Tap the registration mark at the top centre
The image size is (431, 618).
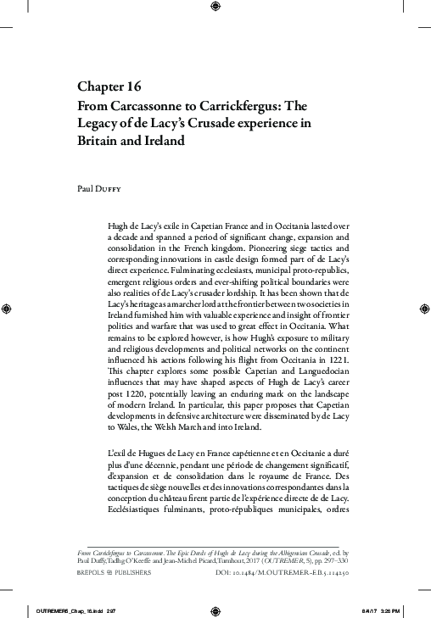coord(215,9)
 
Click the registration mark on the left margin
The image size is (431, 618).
coord(7,309)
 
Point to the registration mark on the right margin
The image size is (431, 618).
coord(423,309)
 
